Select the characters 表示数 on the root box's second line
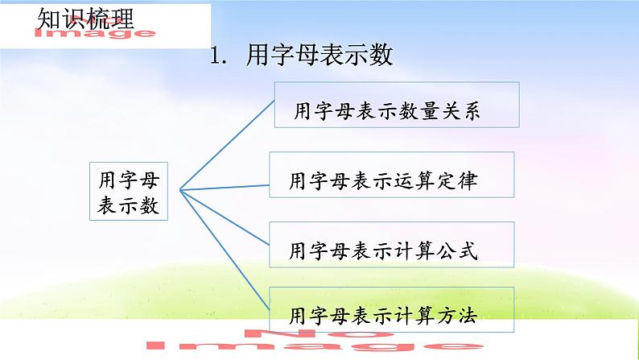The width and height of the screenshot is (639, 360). pyautogui.click(x=129, y=205)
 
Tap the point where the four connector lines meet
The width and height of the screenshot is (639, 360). pyautogui.click(x=180, y=191)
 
